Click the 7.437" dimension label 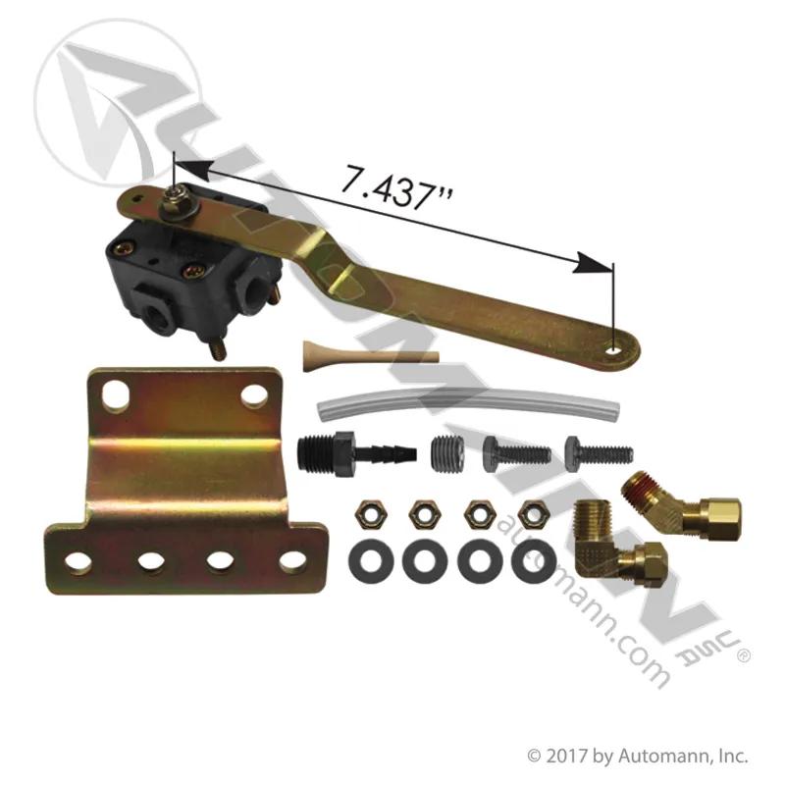[396, 187]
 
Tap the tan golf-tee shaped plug [371, 356]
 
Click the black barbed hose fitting [356, 453]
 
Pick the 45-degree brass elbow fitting [682, 509]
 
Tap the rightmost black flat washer [534, 560]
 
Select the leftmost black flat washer [371, 561]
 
